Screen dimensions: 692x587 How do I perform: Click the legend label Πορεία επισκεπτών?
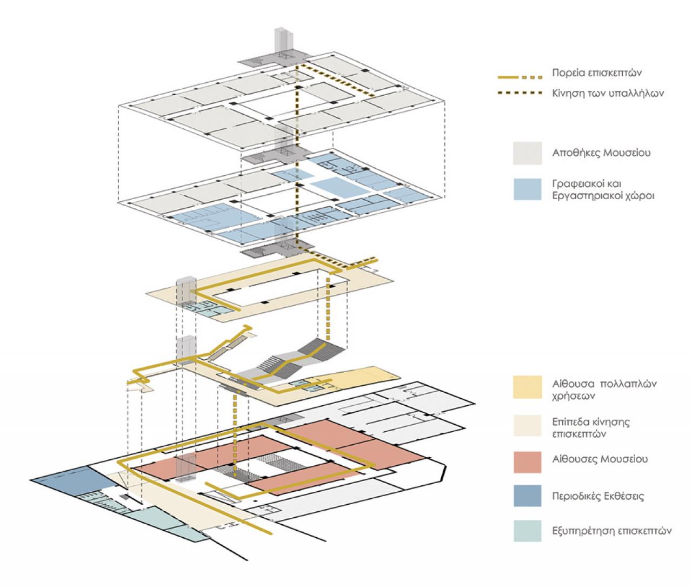597,73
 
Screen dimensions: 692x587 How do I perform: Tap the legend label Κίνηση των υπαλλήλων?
608,93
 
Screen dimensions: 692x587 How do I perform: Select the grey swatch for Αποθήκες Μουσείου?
527,153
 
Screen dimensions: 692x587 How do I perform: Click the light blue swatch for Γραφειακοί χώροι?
527,189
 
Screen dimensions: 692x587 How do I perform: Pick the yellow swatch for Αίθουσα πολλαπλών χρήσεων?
527,387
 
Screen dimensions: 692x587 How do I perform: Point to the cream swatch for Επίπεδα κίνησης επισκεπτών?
527,426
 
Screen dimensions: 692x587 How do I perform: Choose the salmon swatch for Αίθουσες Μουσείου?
527,462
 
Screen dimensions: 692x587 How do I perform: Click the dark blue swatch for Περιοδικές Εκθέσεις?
527,496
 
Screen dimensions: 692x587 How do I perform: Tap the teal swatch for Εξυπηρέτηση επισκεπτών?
527,531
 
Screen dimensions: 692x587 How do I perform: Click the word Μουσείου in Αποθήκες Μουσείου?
627,153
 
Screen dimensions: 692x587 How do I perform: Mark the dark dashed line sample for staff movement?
520,93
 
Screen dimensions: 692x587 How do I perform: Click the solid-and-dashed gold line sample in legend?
520,77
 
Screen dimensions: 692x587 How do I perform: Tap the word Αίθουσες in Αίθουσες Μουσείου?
574,459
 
